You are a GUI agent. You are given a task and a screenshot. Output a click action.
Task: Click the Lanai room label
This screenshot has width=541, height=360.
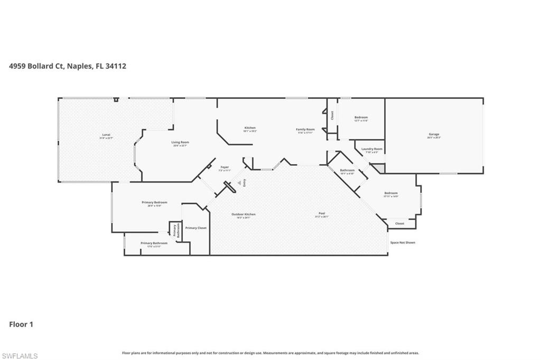point(106,135)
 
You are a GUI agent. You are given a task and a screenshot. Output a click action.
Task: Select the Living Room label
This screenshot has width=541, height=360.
point(180,142)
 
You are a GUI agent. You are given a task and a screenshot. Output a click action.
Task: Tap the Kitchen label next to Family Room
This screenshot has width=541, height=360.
point(250,128)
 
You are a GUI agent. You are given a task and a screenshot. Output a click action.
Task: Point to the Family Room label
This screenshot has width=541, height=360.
point(305,129)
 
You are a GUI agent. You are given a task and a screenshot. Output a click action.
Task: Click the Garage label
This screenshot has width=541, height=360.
point(434,134)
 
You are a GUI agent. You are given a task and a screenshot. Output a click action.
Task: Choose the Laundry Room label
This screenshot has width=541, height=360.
point(371,149)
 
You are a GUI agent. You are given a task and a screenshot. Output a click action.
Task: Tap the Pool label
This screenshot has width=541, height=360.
point(321,214)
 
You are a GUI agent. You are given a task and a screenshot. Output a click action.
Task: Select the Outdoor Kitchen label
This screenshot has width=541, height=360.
point(243,214)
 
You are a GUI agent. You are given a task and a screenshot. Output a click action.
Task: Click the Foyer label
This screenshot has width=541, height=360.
point(225,168)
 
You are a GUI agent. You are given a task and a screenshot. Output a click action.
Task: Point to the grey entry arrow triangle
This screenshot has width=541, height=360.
point(239,183)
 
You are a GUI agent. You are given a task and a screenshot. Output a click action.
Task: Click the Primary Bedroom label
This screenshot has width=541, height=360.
point(154,202)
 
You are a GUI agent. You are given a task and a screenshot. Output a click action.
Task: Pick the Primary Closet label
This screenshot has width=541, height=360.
point(196,228)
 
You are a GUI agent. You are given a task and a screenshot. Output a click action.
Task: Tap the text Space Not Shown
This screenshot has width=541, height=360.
point(403,242)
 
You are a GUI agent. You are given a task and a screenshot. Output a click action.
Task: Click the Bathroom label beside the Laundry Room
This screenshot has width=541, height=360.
point(347,170)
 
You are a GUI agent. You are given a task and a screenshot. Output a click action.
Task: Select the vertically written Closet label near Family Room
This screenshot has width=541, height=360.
point(332,115)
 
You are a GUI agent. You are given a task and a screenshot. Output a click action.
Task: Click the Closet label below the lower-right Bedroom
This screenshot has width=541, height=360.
point(400,223)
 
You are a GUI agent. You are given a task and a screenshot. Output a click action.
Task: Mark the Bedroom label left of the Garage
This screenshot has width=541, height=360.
point(361,117)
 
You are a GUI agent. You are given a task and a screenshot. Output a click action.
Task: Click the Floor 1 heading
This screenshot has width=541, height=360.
point(21,324)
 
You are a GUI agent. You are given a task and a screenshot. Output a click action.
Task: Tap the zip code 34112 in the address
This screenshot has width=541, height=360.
point(115,66)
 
